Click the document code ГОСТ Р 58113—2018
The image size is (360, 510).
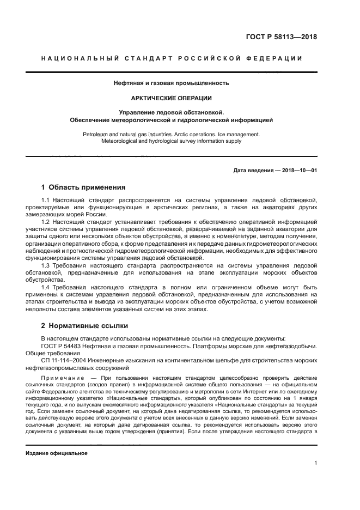[x=281, y=38]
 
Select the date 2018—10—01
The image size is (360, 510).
[x=297, y=170]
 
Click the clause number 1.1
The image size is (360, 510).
[x=45, y=202]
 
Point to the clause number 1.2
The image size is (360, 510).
[x=45, y=223]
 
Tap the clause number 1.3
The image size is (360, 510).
[x=45, y=265]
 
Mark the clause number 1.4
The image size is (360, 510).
[x=45, y=287]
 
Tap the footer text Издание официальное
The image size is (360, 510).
[x=56, y=453]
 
